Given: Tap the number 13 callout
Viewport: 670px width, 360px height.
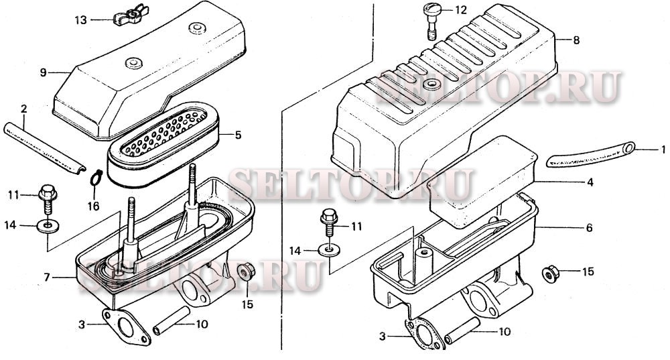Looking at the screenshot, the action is coord(81,20).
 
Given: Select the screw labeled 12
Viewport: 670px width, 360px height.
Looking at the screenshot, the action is coord(431,20).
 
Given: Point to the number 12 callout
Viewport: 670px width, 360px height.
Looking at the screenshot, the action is coord(461,10).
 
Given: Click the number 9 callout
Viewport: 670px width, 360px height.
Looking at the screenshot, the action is coord(43,72).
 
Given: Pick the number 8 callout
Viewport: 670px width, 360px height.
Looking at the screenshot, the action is coord(576,40).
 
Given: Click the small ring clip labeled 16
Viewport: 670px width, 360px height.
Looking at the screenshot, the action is coord(96,178).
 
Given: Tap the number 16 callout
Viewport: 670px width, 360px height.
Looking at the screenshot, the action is coord(94,206).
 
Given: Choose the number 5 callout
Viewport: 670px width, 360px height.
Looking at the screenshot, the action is coord(238,135).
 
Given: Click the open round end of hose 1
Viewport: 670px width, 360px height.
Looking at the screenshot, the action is coord(628,148).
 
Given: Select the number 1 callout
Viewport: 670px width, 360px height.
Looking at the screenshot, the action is coord(663,149).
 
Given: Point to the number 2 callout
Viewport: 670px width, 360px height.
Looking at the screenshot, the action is coord(23,109).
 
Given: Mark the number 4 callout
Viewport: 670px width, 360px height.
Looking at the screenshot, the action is coord(590,182).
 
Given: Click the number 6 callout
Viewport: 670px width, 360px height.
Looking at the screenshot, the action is coord(589,228).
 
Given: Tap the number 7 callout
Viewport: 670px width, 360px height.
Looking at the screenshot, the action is coord(47,278).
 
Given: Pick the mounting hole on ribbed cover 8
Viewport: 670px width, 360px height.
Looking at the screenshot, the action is coord(430,84).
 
